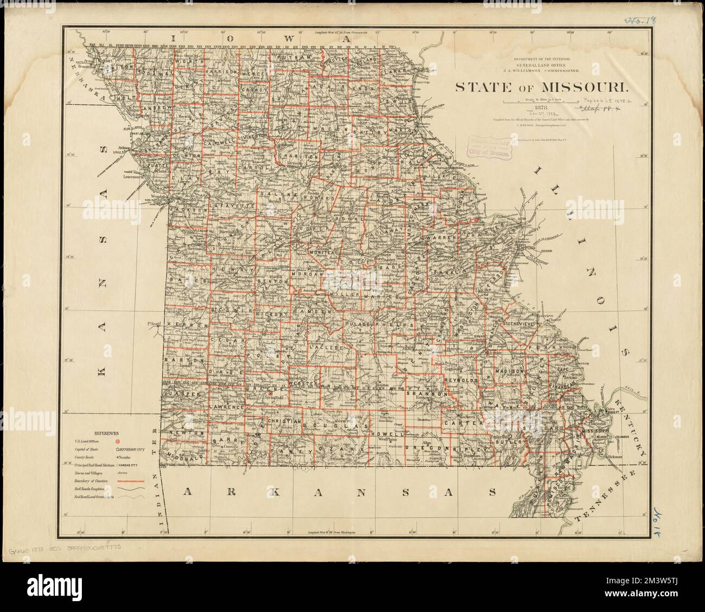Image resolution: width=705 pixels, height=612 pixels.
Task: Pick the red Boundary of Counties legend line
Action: pyautogui.click(x=133, y=481)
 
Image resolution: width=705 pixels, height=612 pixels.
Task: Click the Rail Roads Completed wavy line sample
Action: pyautogui.click(x=133, y=489)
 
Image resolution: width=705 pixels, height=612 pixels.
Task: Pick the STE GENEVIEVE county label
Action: pyautogui.click(x=520, y=324)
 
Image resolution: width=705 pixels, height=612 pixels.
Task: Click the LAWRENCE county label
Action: pyautogui.click(x=226, y=406)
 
